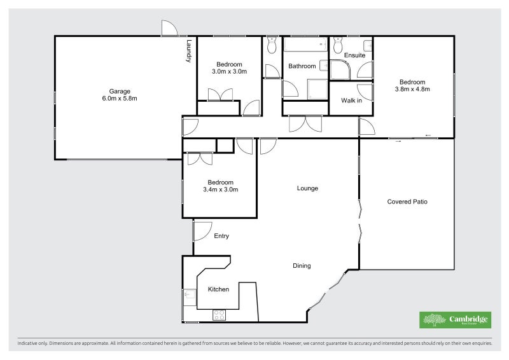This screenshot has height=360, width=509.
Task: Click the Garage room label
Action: click(120, 91)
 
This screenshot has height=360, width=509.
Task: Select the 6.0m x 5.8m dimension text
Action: click(120, 99)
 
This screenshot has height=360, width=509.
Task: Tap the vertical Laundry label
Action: click(189, 51)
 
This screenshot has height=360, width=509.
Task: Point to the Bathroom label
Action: click(302, 66)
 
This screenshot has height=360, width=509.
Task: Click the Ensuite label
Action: click(354, 55)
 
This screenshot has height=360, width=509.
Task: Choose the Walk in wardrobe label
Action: click(351, 100)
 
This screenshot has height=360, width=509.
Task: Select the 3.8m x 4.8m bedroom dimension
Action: click(412, 89)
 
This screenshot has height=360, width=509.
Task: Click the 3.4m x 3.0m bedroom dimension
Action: click(220, 190)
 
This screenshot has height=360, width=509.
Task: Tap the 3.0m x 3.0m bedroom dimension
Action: click(229, 72)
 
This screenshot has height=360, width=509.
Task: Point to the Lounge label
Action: click(307, 188)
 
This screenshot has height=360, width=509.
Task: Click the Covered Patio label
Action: click(407, 202)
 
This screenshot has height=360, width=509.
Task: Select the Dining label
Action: click(302, 266)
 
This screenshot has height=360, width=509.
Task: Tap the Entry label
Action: click(221, 236)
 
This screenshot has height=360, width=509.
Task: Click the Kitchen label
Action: click(218, 289)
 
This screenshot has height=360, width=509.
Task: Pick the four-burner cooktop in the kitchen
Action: click(219, 314)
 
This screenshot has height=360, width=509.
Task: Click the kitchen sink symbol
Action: click(189, 294)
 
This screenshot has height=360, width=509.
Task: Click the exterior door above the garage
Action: click(169, 28)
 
